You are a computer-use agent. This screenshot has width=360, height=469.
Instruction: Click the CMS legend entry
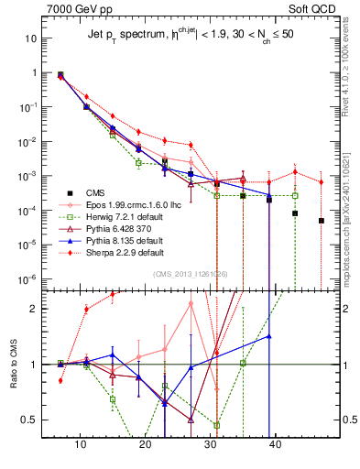tap(95, 192)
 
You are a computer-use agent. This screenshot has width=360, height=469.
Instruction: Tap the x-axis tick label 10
tap(81, 445)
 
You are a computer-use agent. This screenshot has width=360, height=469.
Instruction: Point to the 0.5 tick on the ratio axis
tap(32, 420)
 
